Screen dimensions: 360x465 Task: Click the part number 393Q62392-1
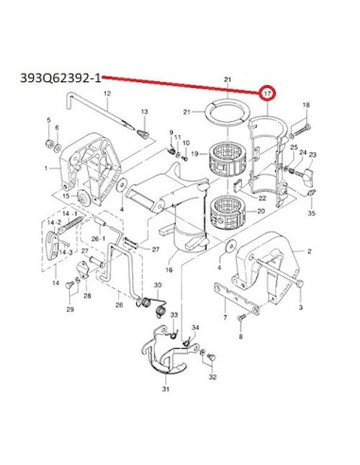coord(60,77)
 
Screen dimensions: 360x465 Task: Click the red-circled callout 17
coord(267,94)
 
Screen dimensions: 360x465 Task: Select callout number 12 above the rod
coord(108,94)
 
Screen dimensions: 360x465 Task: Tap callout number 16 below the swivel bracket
coord(169,269)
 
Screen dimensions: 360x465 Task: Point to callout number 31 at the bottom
coord(165,389)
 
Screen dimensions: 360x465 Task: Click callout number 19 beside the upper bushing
coord(195,154)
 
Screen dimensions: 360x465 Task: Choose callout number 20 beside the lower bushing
coord(261,211)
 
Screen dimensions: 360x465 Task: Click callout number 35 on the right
coord(311,214)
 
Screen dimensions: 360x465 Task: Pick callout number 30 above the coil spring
coord(158,285)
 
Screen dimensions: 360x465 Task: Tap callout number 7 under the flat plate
coord(225,318)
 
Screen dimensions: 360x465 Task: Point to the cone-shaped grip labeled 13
coord(144,135)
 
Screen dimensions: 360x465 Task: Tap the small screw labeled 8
coord(241,319)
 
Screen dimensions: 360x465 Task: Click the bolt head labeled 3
coord(300,283)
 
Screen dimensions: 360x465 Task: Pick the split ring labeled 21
coord(228,112)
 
